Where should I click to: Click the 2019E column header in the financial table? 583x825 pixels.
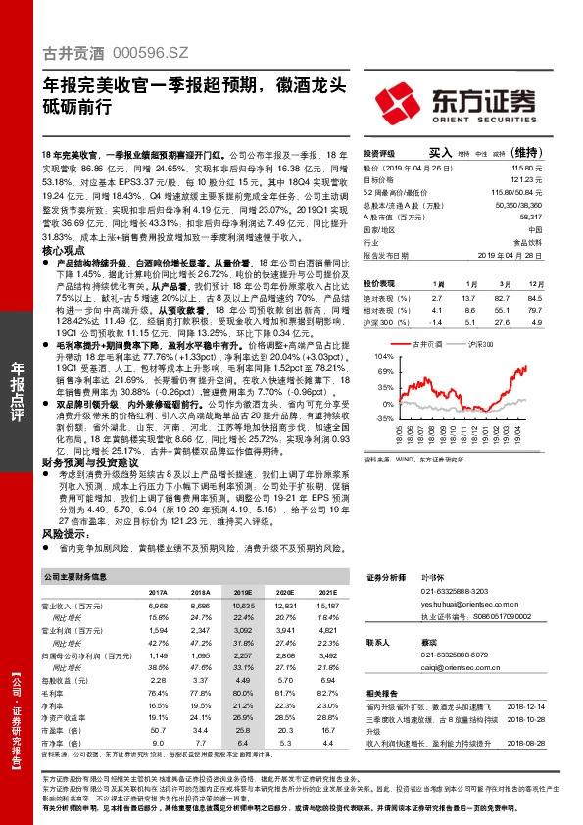tap(242, 593)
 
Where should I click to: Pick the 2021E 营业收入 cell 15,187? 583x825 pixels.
tap(327, 607)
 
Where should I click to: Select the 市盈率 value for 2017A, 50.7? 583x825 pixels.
tap(157, 730)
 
